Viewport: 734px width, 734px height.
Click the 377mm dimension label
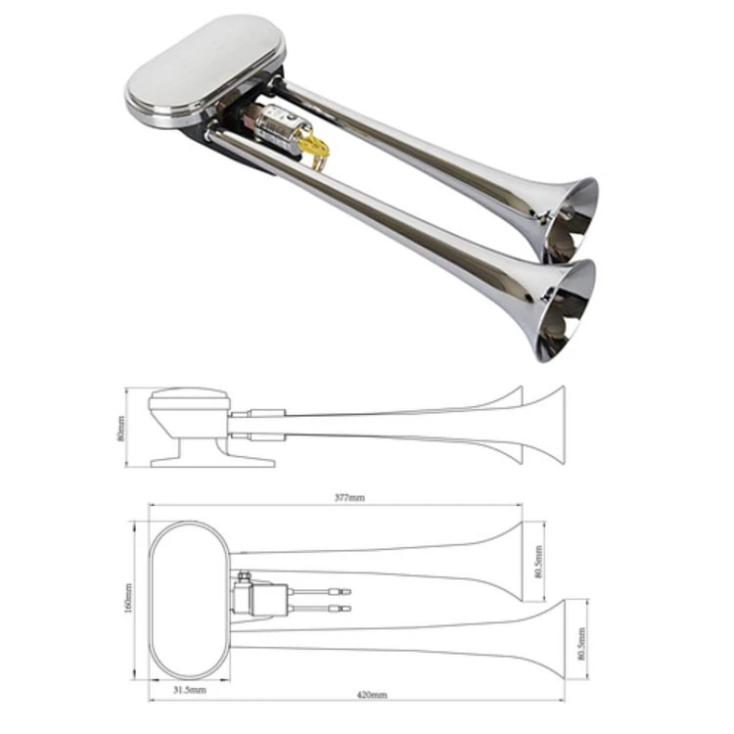click(348, 498)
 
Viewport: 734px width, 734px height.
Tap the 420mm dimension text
click(373, 695)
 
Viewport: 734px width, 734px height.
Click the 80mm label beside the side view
click(120, 428)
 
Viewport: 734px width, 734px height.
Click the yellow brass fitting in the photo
click(314, 149)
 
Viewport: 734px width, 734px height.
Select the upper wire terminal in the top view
click(340, 590)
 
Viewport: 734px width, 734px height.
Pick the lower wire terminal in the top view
click(340, 608)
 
